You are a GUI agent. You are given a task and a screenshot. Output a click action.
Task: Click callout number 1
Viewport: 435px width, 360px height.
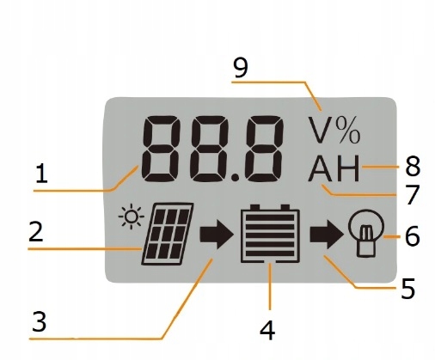[40, 174]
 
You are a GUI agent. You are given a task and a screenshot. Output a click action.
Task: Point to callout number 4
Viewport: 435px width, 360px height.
[270, 327]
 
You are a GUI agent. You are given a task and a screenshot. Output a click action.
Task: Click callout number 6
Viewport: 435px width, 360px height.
[412, 235]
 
